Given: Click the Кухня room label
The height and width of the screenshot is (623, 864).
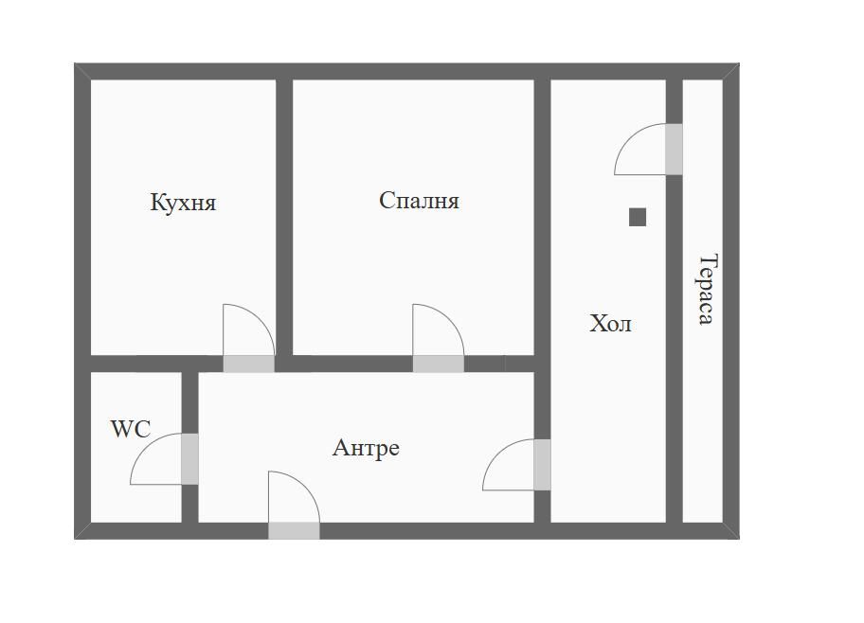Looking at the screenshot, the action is coord(183,203).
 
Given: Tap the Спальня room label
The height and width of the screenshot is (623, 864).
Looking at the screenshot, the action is coord(419,201).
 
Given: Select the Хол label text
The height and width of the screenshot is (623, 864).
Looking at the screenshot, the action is coord(610,324).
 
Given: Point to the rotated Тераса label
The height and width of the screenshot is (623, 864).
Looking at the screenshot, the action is coord(708,289).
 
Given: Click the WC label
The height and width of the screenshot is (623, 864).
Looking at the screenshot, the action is coord(131,429).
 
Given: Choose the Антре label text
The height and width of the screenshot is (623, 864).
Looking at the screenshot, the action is coord(366,448).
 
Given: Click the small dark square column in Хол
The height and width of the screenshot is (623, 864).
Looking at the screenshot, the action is coord(638,217).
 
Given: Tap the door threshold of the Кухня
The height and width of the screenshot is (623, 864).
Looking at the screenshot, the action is coord(248,364).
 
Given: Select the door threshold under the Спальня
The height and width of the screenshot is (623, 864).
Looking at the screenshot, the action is coord(438,364).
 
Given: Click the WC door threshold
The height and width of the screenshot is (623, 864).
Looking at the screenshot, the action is coord(189,459).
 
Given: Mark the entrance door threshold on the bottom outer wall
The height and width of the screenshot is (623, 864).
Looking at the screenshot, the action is coord(294,531).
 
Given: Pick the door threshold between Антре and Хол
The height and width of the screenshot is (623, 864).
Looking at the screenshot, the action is coord(542,464).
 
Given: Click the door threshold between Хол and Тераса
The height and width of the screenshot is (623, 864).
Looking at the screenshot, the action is coord(674,150).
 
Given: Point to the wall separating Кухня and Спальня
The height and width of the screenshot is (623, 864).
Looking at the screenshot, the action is coord(284,218).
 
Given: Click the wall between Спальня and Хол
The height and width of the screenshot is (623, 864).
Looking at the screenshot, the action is coord(542,218).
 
